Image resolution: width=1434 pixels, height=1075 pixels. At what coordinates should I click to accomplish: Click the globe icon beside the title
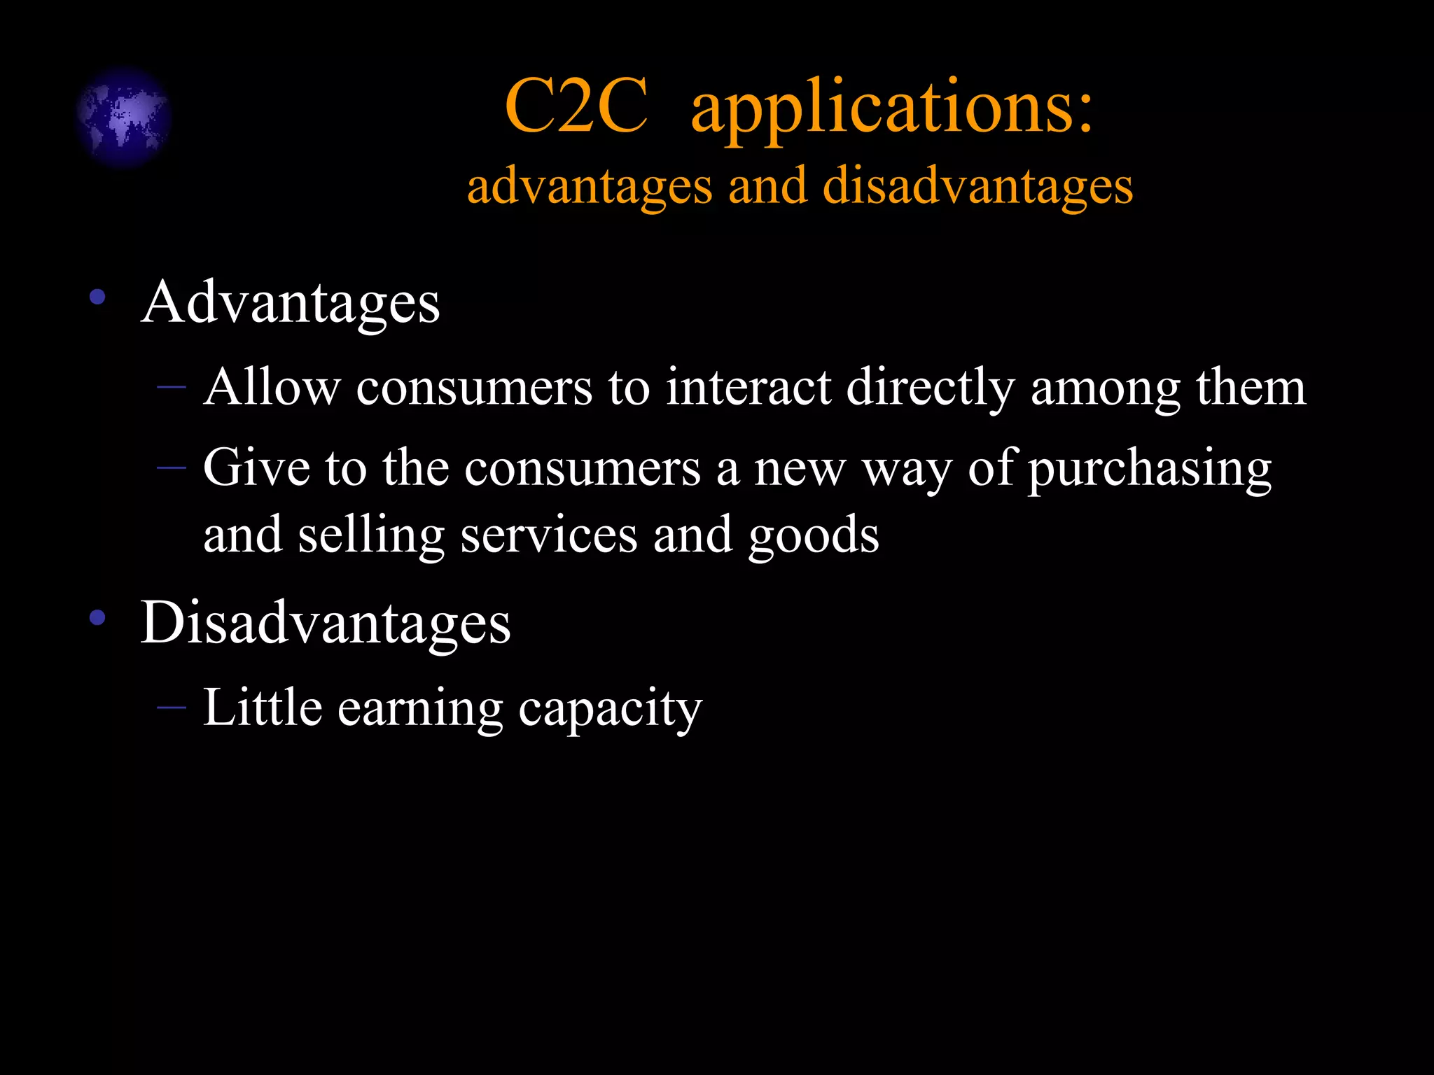pos(124,117)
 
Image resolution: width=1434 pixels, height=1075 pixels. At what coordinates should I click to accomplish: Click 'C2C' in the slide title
pos(576,107)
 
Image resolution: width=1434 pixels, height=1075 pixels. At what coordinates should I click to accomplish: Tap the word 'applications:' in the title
pos(891,108)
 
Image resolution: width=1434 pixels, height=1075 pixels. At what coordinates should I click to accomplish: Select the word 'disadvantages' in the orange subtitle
pos(977,187)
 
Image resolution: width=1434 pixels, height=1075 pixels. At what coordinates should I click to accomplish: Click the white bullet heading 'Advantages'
pos(290,303)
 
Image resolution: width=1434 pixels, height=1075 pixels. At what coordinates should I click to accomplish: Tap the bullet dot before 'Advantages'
pos(97,297)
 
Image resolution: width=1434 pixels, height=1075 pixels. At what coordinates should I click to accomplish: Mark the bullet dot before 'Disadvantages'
pos(97,617)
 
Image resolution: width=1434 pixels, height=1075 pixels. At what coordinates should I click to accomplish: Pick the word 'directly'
pos(930,388)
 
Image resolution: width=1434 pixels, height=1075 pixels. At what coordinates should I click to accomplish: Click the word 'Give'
pos(256,468)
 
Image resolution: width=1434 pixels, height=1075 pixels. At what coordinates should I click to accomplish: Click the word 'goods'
pos(814,536)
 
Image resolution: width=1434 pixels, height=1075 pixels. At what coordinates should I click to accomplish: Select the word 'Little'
pos(263,708)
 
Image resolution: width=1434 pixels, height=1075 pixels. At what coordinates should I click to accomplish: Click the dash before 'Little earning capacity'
pos(172,708)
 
